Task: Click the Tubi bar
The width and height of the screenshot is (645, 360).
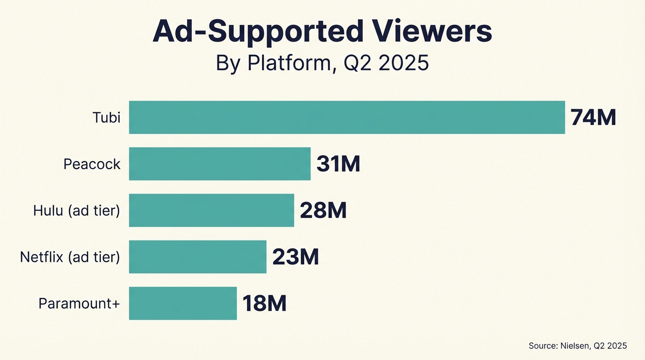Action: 347,117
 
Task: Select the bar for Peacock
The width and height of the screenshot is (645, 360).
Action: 219,164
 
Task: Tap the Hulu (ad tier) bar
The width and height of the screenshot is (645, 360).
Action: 211,210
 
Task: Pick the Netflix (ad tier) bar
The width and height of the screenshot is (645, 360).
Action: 197,256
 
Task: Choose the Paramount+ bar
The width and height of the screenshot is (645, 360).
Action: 183,303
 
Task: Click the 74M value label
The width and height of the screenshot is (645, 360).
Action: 593,118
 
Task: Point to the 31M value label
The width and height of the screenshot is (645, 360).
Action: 338,164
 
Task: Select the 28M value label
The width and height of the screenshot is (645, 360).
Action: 323,210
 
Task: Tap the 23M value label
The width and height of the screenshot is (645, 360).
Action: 295,257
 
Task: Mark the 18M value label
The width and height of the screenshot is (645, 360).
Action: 264,303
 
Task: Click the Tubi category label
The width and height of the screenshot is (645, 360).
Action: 106,117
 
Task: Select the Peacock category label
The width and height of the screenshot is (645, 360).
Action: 92,164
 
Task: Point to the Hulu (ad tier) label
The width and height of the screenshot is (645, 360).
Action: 76,210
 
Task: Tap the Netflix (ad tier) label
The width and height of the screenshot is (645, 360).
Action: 70,257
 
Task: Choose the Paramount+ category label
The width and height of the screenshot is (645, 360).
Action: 79,303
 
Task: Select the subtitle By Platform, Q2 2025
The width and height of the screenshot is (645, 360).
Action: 322,63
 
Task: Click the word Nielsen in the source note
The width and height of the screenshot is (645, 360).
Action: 575,346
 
